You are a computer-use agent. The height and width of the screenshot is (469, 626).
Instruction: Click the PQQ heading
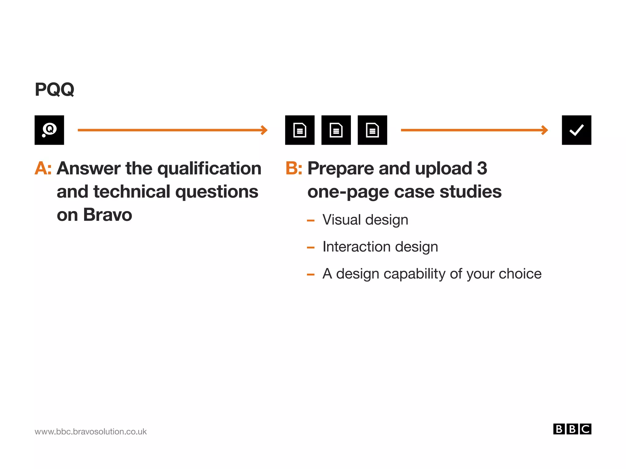point(54,89)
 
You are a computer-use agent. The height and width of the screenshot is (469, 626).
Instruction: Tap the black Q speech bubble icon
point(49,130)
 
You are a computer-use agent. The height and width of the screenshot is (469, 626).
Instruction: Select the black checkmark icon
point(576,130)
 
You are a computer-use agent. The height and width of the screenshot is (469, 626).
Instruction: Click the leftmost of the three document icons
point(300,130)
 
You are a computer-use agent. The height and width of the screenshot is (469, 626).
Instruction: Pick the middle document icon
point(336,130)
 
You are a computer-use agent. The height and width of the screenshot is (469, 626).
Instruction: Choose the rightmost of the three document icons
point(372,130)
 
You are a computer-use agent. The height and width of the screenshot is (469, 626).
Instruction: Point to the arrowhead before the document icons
point(264,130)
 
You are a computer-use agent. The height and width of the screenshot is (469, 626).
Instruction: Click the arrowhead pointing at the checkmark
point(545,130)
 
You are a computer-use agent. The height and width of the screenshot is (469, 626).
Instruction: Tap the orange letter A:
point(43,168)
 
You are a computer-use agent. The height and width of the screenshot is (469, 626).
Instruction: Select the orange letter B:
point(293,168)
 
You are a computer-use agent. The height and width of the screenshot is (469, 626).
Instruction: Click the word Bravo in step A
point(107,215)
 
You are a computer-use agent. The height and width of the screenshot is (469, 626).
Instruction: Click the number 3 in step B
point(482,168)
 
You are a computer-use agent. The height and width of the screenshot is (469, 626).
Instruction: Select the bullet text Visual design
point(365,220)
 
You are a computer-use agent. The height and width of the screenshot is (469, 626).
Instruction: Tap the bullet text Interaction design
point(380,247)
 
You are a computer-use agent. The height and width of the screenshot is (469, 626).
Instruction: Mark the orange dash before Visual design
point(311,221)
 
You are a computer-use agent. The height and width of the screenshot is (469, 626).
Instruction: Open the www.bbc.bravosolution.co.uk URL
point(90,431)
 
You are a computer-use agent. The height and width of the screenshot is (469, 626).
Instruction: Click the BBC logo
point(572,429)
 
